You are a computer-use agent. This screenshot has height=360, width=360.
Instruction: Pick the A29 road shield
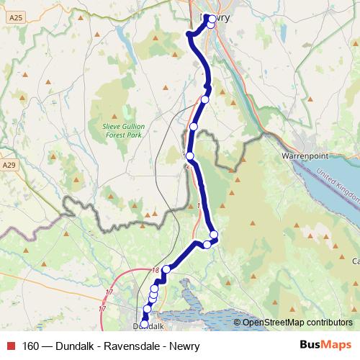click(9, 165)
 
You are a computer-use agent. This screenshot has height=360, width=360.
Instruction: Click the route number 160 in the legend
click(31, 345)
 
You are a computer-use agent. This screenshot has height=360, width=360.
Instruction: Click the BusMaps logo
click(325, 344)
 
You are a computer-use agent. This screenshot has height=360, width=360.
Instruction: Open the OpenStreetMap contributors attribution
click(297, 323)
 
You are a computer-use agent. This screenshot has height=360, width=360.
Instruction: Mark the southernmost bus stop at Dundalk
click(143, 324)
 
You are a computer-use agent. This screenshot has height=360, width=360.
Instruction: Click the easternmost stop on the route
click(214, 235)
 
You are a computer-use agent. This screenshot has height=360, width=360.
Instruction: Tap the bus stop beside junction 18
click(166, 269)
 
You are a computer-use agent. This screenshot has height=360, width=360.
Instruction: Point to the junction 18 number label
click(156, 270)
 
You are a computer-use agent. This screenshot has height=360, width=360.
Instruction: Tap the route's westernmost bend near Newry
click(189, 34)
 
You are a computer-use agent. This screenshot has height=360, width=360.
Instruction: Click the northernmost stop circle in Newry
click(208, 17)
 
